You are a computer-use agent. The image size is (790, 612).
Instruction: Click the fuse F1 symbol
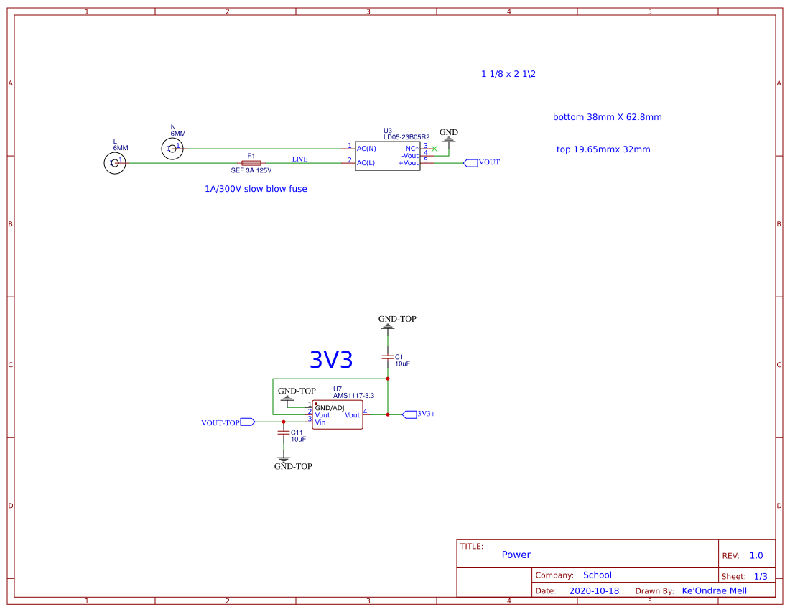(x=251, y=163)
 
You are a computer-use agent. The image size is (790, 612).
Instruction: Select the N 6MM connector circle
(x=172, y=149)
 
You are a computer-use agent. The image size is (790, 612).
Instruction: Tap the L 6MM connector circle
(x=114, y=164)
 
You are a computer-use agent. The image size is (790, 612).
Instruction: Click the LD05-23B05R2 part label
(x=406, y=136)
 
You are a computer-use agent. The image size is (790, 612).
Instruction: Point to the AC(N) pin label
(x=366, y=149)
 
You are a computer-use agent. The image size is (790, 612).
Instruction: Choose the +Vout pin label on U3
(x=408, y=163)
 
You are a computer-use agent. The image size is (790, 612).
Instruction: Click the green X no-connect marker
(x=434, y=149)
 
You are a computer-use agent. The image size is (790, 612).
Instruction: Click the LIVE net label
(x=299, y=159)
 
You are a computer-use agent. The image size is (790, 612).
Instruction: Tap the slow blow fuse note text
(x=256, y=189)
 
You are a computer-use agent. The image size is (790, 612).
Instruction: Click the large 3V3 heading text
(x=330, y=360)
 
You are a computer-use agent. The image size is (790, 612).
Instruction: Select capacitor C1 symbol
(x=388, y=357)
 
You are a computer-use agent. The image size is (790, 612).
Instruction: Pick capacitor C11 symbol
(x=283, y=433)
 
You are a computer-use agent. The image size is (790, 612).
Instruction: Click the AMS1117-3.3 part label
(x=353, y=396)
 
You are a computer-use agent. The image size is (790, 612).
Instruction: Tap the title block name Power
(x=516, y=555)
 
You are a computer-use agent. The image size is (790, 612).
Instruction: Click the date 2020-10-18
(x=593, y=590)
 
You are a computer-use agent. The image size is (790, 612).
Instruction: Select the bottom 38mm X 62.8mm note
(x=607, y=117)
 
